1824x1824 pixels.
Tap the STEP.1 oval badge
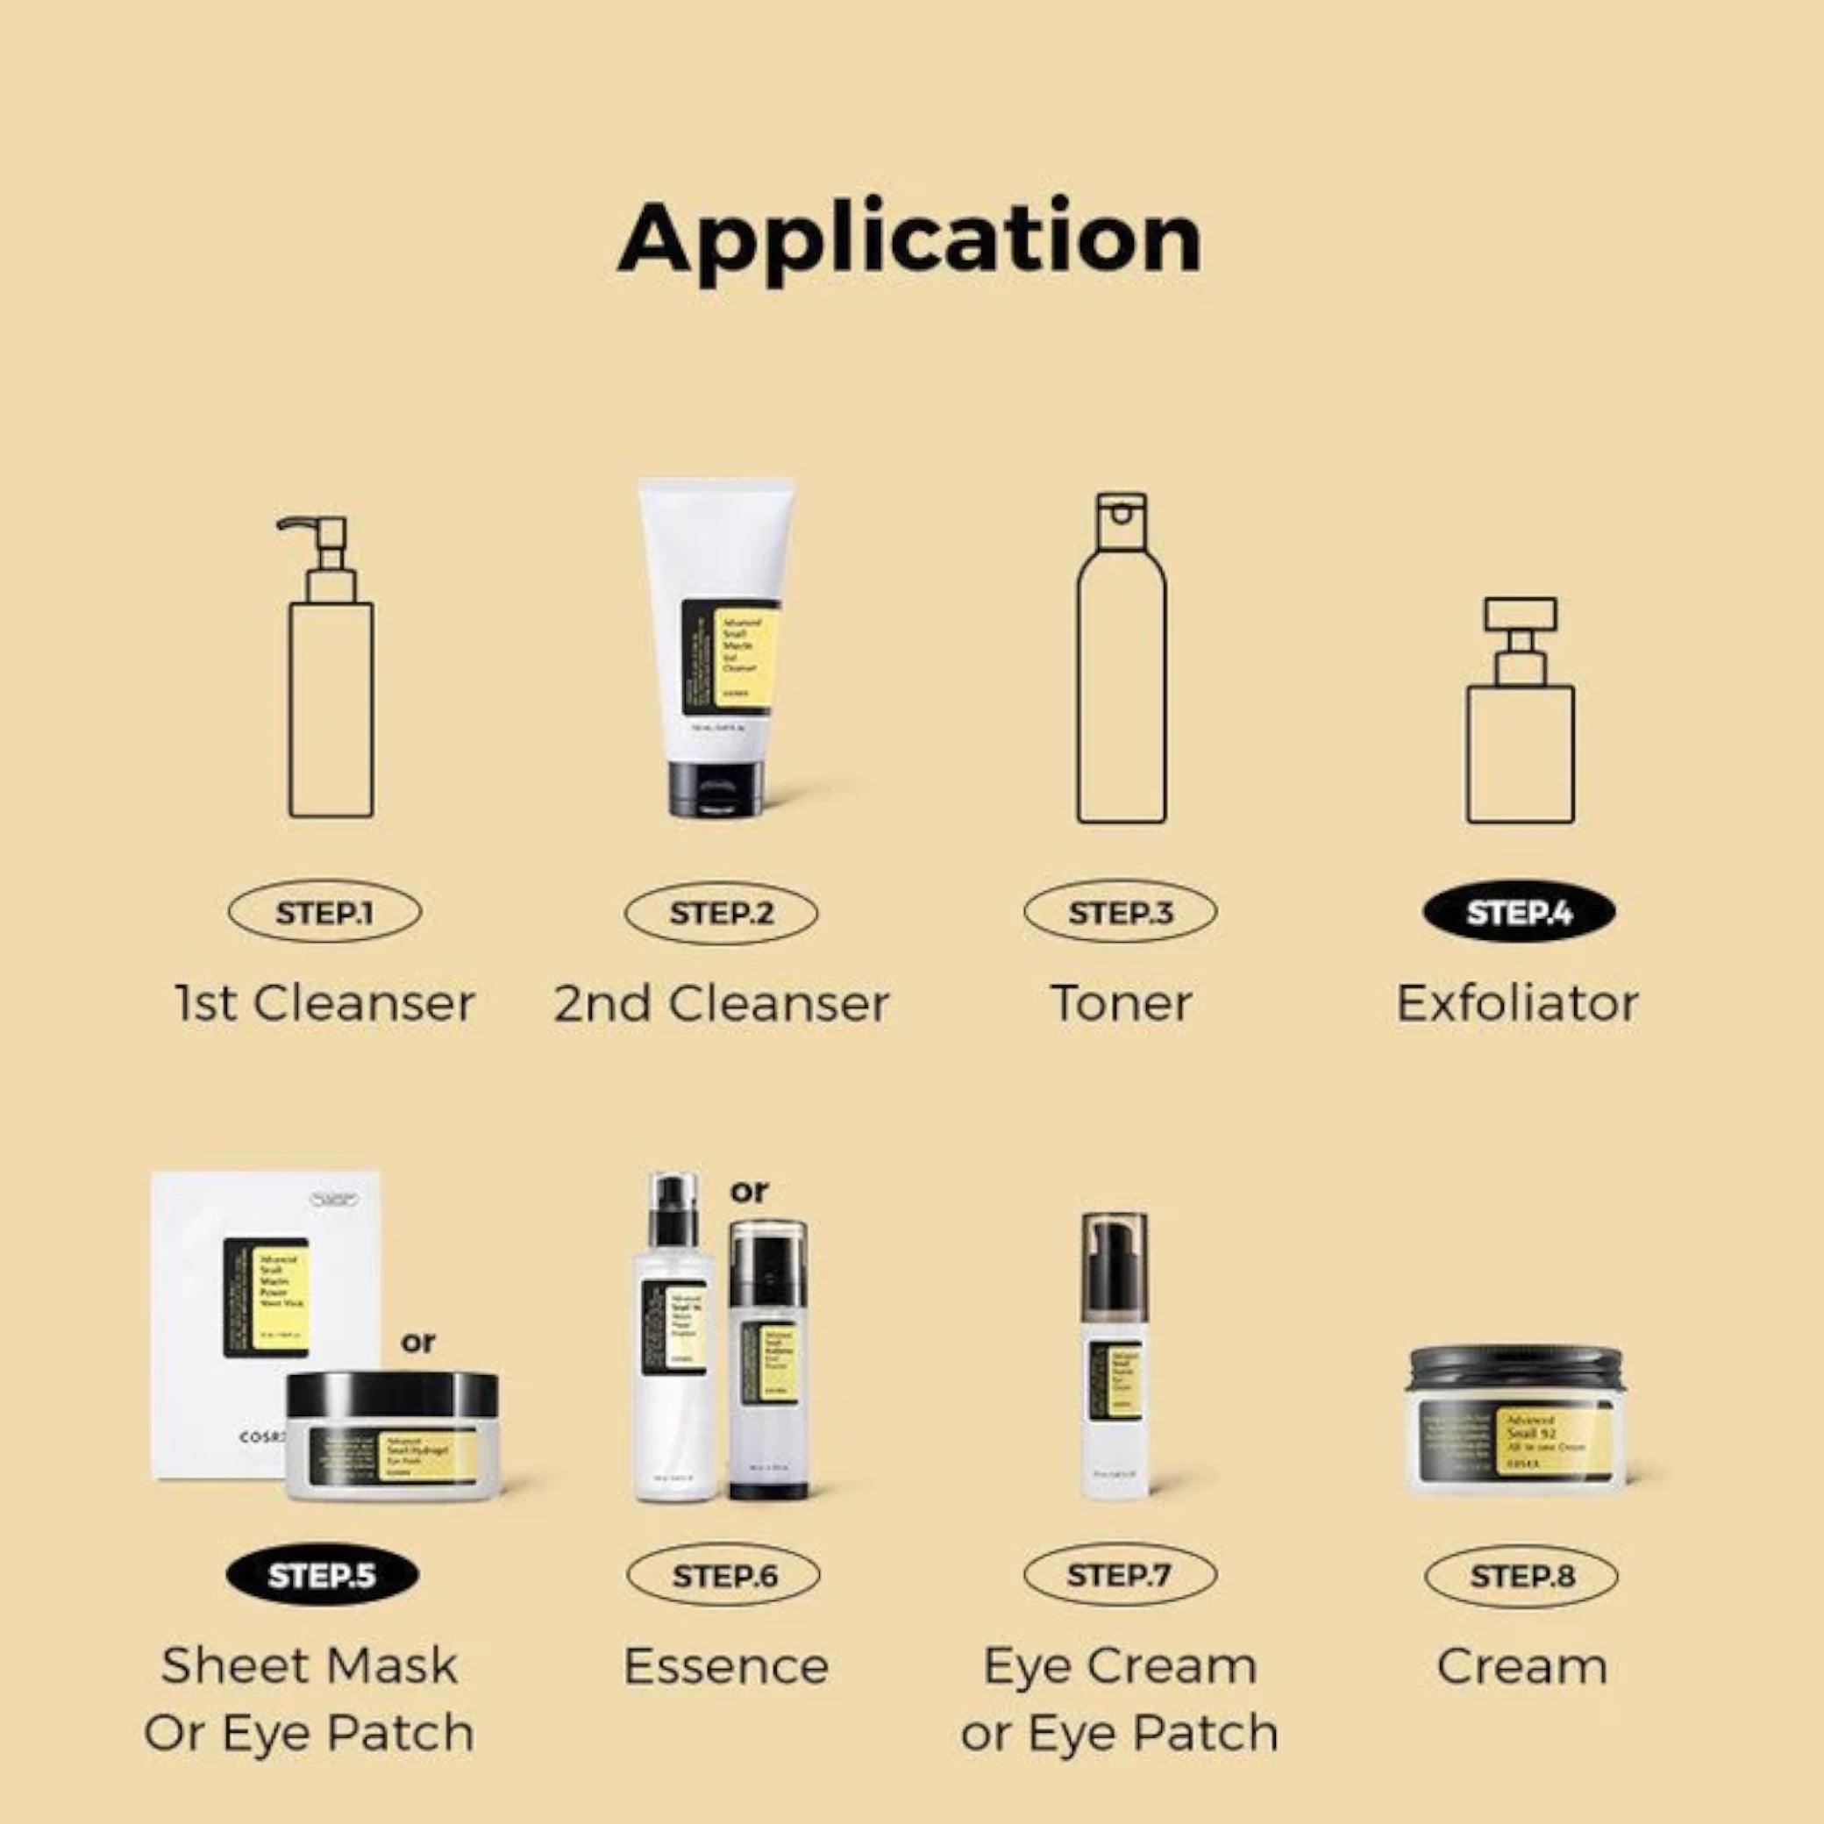pyautogui.click(x=324, y=913)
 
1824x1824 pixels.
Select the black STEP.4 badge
pyautogui.click(x=1518, y=913)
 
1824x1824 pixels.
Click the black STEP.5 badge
pyautogui.click(x=322, y=1576)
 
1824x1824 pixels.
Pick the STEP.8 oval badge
pyautogui.click(x=1521, y=1576)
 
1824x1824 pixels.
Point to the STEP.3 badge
pyautogui.click(x=1120, y=913)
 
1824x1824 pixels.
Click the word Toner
pyautogui.click(x=1121, y=1002)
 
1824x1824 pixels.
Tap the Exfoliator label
pyautogui.click(x=1517, y=1002)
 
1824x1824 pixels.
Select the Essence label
pyautogui.click(x=725, y=1666)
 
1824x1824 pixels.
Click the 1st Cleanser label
pyautogui.click(x=324, y=1002)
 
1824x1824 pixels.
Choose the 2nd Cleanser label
pyautogui.click(x=722, y=1002)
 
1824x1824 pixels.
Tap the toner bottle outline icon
pyautogui.click(x=1122, y=661)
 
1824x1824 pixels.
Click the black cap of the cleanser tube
pyautogui.click(x=715, y=789)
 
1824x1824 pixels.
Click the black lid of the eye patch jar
pyautogui.click(x=392, y=1394)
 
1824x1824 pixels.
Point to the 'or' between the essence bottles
pyautogui.click(x=749, y=1193)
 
